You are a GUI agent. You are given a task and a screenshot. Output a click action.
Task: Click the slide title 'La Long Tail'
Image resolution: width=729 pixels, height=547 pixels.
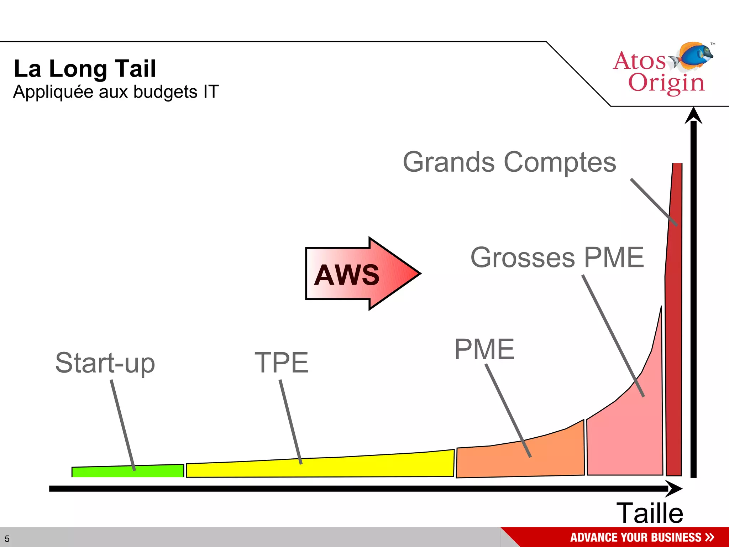tap(85, 68)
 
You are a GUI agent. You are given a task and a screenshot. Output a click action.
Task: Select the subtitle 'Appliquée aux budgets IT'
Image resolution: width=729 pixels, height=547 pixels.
tap(116, 92)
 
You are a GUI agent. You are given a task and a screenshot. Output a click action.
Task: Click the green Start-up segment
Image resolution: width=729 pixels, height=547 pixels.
tap(107, 472)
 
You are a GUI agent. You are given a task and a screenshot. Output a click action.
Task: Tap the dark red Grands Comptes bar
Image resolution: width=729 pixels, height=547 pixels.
tap(674, 321)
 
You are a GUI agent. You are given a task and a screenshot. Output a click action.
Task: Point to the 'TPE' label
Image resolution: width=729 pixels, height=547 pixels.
tap(281, 363)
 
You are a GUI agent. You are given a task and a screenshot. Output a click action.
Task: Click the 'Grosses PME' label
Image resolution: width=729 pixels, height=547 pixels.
tap(557, 257)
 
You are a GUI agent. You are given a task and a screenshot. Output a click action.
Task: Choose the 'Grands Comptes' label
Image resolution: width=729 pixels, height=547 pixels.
tap(509, 162)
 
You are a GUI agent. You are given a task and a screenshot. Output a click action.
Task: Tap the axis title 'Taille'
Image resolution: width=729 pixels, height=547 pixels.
tap(650, 513)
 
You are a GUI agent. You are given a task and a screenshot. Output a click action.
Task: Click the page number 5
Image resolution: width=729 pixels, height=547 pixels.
tap(7, 539)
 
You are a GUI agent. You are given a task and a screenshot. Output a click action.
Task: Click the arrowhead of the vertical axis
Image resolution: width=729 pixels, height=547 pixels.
tap(693, 116)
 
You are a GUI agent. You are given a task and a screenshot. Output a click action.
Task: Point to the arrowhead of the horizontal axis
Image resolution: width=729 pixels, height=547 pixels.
tap(674, 489)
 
